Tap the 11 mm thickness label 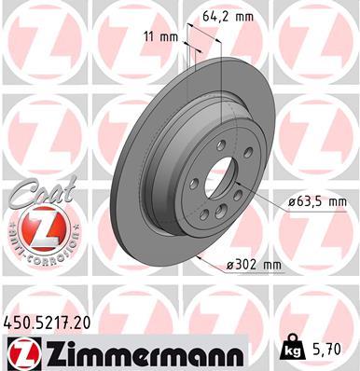click(159, 37)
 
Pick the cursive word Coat click(37, 196)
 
